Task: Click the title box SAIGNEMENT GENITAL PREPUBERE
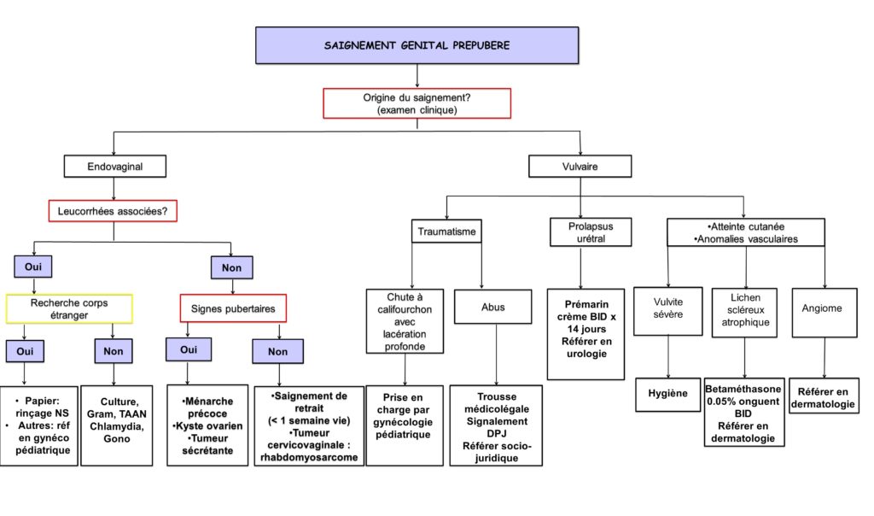tap(417, 45)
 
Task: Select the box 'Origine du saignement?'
tap(417, 103)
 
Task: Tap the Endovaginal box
tap(115, 167)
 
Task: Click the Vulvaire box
tap(580, 167)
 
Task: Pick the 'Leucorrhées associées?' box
tap(113, 211)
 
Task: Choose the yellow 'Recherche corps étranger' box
tap(69, 308)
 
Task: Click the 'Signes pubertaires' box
tap(233, 308)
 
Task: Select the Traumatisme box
tap(446, 231)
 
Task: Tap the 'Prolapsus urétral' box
tap(591, 232)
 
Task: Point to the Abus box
tap(492, 307)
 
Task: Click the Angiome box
tap(824, 313)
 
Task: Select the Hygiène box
tap(667, 395)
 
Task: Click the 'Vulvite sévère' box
tap(667, 311)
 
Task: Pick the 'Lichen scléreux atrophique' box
tap(744, 313)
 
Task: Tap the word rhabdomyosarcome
tap(309, 457)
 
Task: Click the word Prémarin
tap(586, 305)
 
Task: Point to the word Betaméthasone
tap(743, 389)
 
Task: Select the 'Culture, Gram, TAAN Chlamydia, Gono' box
tap(116, 425)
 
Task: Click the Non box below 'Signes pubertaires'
tap(277, 351)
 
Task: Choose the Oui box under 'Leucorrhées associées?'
tap(33, 267)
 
